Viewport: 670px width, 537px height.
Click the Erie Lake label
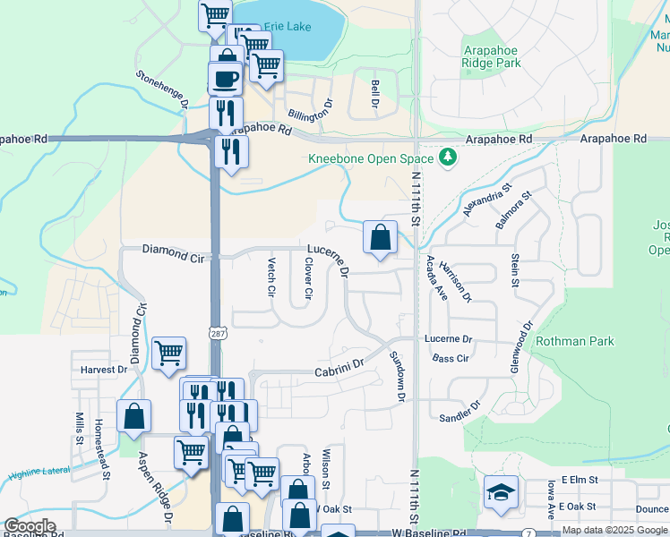click(287, 27)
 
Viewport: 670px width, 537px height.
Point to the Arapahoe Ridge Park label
click(491, 57)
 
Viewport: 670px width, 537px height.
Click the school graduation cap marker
click(501, 492)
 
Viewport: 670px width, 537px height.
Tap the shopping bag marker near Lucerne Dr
click(381, 238)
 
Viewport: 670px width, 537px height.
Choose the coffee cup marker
click(225, 79)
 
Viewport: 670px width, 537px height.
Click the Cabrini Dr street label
click(339, 366)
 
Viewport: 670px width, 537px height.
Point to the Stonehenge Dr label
click(162, 90)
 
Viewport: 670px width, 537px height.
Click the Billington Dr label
click(310, 115)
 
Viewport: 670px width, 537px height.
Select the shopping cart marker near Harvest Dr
click(168, 354)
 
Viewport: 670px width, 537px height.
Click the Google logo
click(30, 526)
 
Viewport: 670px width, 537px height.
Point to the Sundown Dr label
click(397, 376)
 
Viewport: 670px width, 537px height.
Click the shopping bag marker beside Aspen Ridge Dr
click(133, 416)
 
